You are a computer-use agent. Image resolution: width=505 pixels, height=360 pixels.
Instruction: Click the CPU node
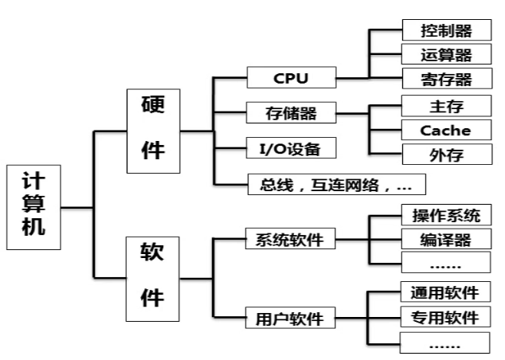290,78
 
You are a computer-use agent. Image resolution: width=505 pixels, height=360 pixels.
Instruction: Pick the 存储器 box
290,113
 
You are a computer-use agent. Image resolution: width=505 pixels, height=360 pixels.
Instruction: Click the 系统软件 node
290,239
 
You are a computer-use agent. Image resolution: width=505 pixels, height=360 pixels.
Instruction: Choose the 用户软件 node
290,319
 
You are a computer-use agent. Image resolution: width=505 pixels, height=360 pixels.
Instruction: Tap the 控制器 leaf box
446,31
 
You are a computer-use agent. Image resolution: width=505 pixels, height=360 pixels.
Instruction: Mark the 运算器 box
446,55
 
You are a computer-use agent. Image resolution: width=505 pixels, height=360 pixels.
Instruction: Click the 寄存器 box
446,79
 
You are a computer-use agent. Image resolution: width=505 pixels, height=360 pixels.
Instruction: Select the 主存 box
446,105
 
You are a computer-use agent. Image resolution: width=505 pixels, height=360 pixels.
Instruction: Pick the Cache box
446,130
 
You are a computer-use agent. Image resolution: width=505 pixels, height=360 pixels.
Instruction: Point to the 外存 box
446,154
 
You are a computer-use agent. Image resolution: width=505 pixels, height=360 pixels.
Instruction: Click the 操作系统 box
446,216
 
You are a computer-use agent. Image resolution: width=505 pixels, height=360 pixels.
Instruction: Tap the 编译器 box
446,239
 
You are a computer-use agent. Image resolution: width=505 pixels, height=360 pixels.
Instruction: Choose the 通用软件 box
446,292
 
